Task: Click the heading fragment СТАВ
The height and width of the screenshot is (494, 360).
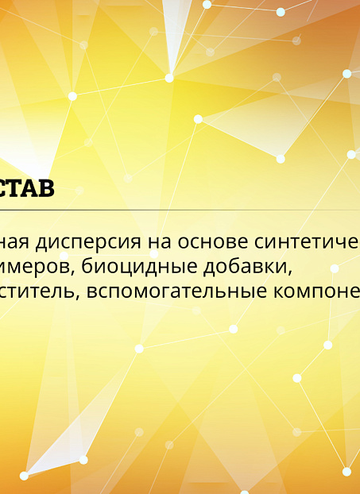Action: click(27, 191)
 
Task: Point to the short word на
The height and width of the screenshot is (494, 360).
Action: click(154, 241)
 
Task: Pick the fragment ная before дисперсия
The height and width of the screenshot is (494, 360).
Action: click(16, 241)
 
